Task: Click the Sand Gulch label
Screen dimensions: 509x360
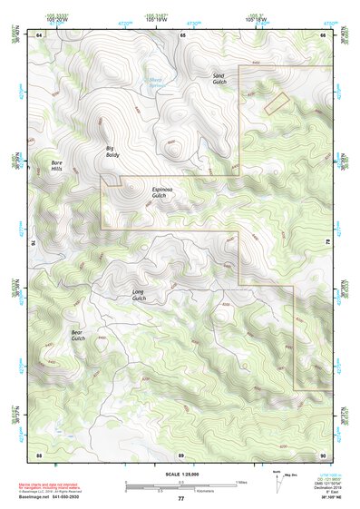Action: click(219, 79)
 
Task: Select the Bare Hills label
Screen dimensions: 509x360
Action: click(56, 166)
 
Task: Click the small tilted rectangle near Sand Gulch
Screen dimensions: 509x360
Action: click(276, 103)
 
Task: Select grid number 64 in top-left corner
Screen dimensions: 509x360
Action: click(39, 34)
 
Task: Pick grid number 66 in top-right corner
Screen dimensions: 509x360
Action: click(323, 34)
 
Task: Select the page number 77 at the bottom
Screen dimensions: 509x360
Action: click(180, 499)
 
